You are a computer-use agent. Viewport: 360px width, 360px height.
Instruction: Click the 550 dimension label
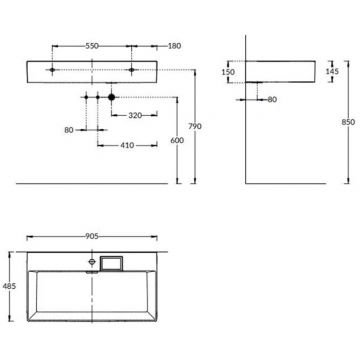pos(91,46)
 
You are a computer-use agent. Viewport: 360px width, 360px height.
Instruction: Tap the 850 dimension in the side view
pos(347,120)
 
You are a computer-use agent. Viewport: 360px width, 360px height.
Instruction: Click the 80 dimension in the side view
pos(274,99)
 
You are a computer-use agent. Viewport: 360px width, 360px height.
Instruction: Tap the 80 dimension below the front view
pos(69,130)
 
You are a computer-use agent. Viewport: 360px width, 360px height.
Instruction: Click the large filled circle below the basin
pos(112,97)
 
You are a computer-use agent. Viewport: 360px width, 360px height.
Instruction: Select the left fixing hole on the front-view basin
pos(50,71)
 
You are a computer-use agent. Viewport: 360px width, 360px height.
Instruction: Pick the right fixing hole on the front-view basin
pos(132,71)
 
